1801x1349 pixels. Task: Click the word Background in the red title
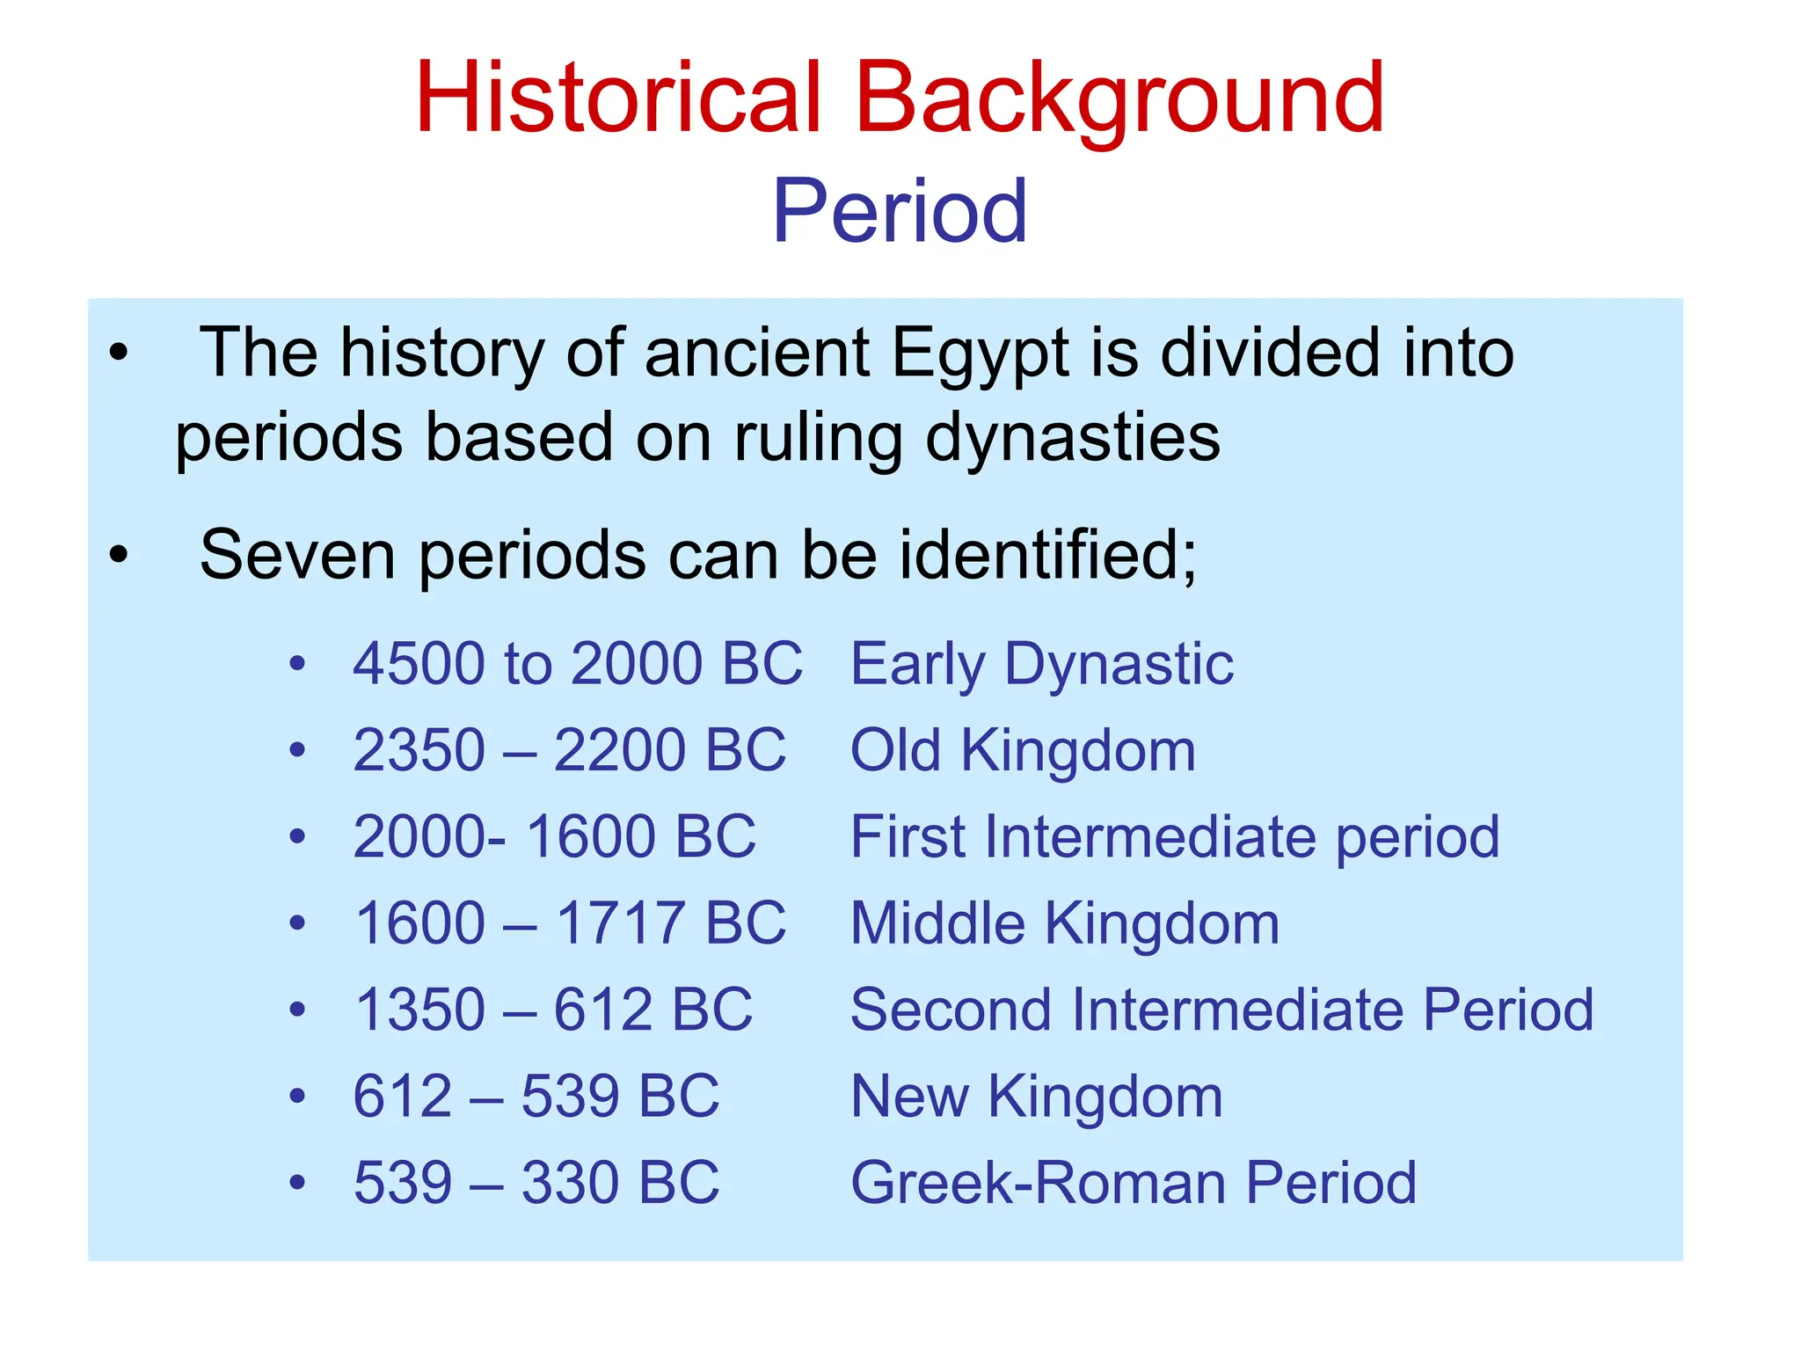point(1119,98)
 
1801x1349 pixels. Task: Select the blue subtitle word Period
point(899,211)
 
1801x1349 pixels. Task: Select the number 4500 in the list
point(419,663)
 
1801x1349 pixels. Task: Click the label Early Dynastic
point(1041,665)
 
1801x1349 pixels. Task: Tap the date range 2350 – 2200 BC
point(569,750)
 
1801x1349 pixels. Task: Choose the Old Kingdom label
point(1023,750)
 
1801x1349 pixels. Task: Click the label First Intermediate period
point(1175,836)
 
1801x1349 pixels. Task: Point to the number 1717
point(621,923)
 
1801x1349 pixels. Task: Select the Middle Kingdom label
point(1064,923)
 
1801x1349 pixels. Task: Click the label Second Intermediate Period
point(1221,1010)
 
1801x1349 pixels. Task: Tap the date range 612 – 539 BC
point(536,1096)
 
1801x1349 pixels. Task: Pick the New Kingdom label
point(1036,1096)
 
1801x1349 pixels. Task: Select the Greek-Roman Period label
point(1133,1182)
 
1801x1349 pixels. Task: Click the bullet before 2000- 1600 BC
point(298,836)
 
